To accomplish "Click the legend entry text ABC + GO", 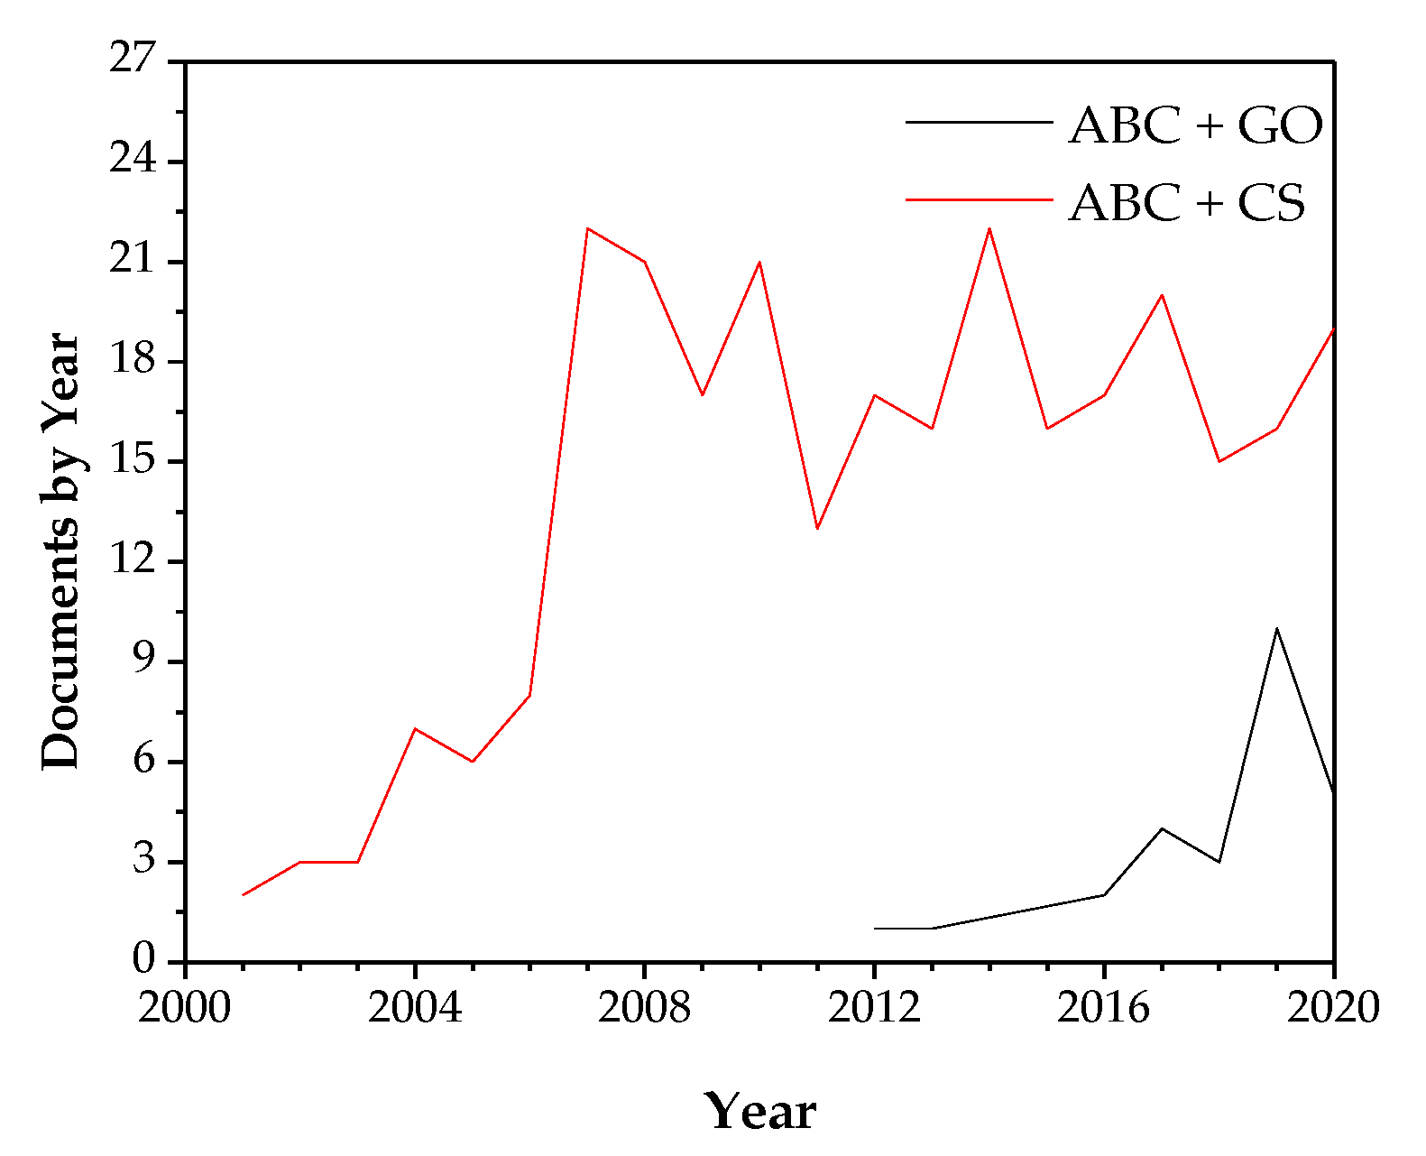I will (1195, 125).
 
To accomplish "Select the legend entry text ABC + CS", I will (1186, 202).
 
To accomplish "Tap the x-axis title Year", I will (759, 1111).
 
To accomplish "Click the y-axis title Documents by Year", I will (62, 551).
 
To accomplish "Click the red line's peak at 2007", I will (587, 228).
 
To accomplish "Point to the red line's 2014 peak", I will (989, 228).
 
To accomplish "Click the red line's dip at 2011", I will (817, 528).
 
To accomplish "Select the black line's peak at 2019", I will (1276, 628).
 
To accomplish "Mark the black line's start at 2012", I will (874, 928).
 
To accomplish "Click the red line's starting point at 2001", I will (243, 894).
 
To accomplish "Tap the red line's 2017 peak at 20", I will (1162, 295).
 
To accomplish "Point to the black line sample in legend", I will (979, 122).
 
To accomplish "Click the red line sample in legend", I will (979, 199).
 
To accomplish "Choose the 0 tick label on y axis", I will (144, 960).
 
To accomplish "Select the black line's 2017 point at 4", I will (1162, 828).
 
